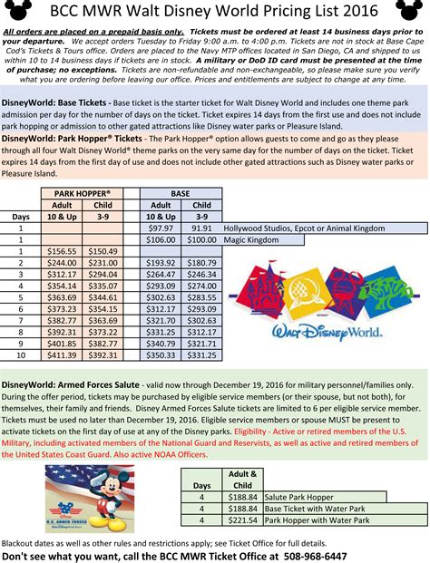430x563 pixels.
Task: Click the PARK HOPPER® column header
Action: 83,194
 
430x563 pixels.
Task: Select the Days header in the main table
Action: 21,218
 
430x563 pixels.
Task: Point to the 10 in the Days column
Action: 21,355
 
